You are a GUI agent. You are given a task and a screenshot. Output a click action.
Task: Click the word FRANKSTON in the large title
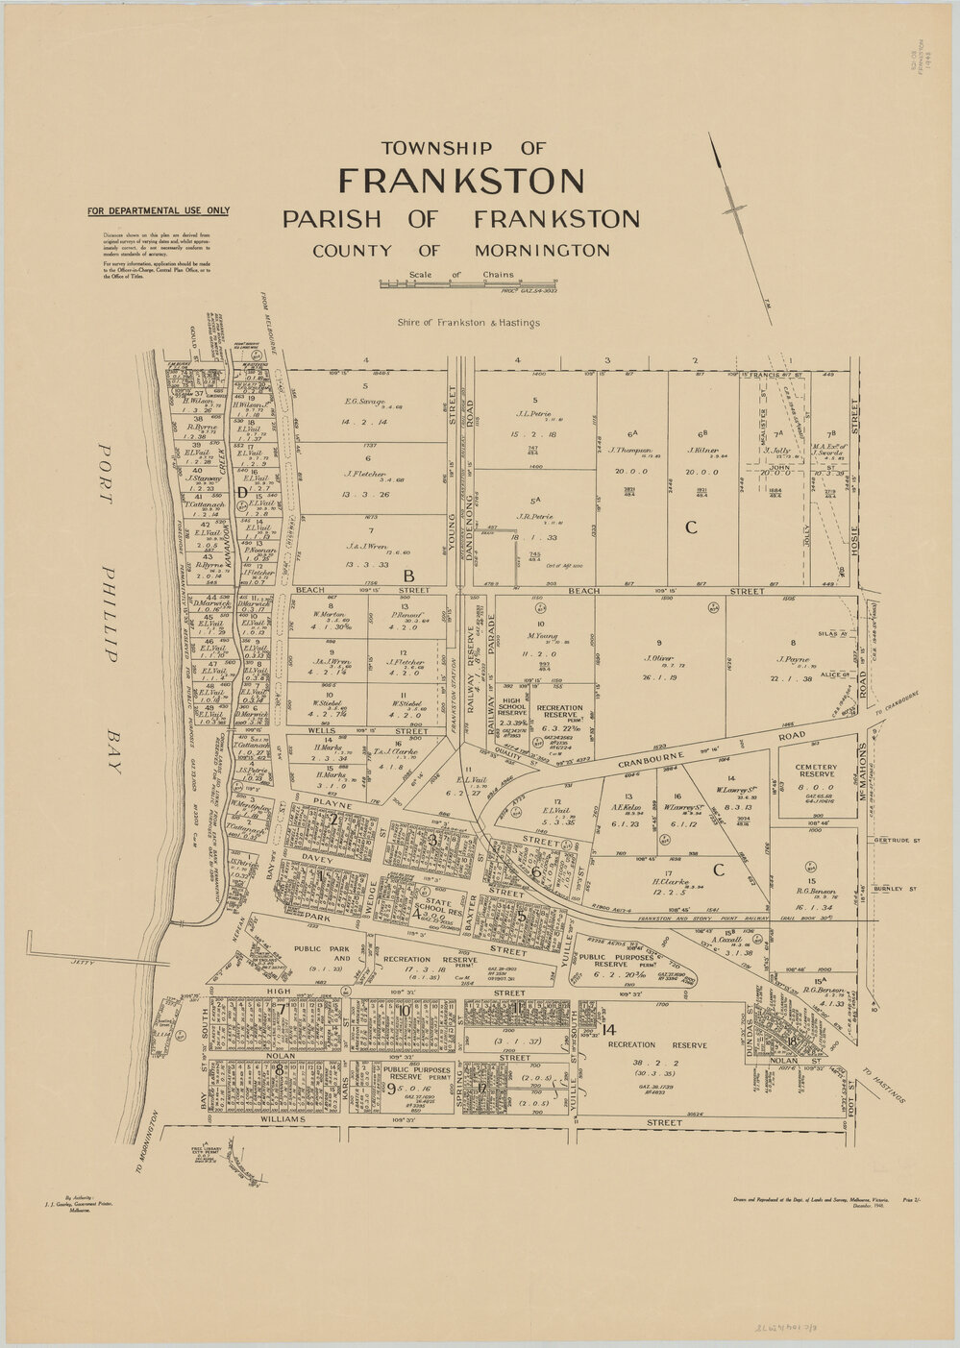click(461, 182)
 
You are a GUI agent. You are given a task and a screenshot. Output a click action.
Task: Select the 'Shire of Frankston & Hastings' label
click(467, 323)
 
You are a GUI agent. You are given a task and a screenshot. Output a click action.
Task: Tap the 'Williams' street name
click(282, 1119)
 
